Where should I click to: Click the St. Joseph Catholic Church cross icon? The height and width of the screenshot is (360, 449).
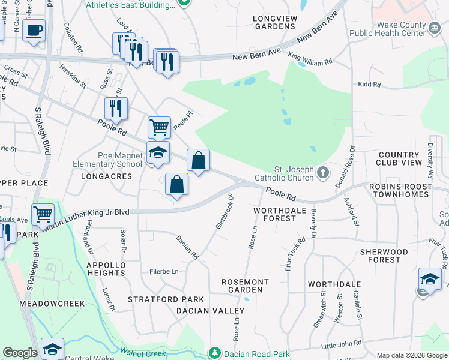tap(323, 173)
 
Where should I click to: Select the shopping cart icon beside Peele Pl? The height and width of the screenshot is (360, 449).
tap(159, 127)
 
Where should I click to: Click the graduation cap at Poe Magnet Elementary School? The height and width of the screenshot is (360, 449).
tap(157, 152)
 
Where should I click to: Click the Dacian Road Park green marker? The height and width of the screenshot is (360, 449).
tap(215, 353)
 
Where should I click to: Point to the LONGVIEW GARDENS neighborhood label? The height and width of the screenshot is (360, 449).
tap(275, 23)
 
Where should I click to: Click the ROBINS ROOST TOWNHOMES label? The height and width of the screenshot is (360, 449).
tap(400, 191)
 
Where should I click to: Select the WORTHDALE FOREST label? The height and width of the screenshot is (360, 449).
tap(275, 214)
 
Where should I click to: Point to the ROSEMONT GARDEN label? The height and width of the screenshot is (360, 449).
tap(245, 286)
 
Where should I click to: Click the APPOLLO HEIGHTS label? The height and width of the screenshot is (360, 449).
tap(106, 269)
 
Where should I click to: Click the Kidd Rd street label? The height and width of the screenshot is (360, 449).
tap(369, 85)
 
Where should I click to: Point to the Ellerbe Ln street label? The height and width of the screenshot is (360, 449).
tap(164, 272)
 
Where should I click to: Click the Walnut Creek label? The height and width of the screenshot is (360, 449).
tap(143, 353)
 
